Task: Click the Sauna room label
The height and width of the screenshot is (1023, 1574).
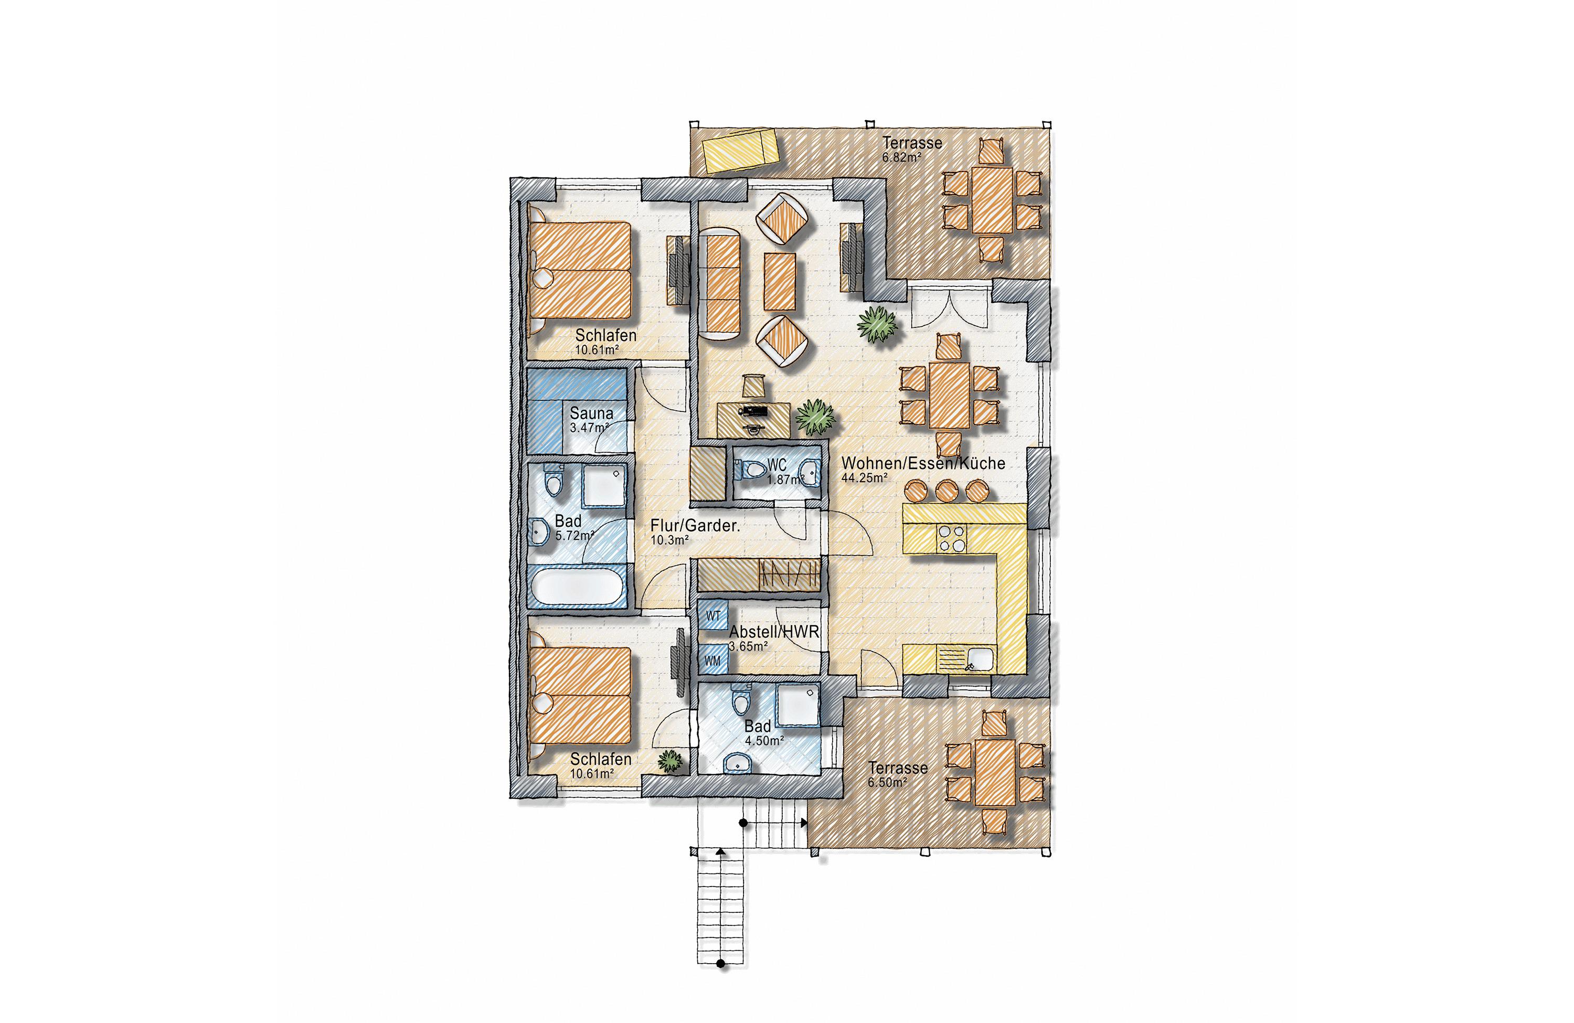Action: click(591, 413)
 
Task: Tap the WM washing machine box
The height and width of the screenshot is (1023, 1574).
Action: click(713, 660)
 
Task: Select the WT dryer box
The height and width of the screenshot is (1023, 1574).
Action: click(713, 616)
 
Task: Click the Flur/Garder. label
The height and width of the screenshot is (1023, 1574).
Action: click(695, 526)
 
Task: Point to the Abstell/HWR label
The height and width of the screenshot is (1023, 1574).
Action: click(774, 632)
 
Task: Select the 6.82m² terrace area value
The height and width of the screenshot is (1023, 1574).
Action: click(901, 158)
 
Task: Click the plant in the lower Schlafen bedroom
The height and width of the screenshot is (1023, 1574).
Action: click(670, 761)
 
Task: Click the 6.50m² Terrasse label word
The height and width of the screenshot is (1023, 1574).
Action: click(898, 768)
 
